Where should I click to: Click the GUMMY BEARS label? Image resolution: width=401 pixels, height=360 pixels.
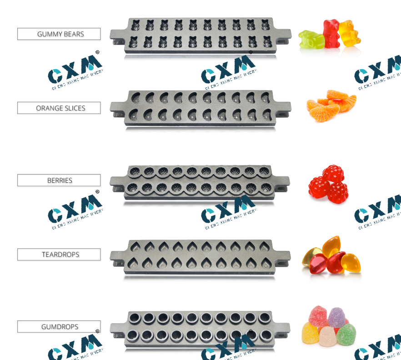[x=59, y=34]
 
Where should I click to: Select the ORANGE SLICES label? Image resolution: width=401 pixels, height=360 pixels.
[x=59, y=108]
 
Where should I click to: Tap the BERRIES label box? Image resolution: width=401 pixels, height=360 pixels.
[x=59, y=180]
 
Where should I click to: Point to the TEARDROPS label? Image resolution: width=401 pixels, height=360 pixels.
[x=59, y=255]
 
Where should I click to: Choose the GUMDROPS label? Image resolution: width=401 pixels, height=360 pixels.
[x=59, y=327]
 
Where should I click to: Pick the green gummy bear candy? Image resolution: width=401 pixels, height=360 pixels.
[x=312, y=40]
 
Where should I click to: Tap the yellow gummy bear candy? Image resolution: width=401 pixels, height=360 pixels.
[x=349, y=33]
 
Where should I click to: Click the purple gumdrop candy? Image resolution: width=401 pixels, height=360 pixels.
[x=337, y=317]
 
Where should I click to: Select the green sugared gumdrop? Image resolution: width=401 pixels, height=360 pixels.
[x=347, y=335]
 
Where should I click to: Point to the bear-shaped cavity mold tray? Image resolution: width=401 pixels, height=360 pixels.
[x=200, y=36]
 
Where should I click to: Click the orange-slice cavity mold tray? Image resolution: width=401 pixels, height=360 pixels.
[x=200, y=109]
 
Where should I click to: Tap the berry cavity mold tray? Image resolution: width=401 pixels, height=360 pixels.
[x=200, y=182]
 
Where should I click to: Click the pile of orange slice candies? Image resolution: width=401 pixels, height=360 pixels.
[x=331, y=105]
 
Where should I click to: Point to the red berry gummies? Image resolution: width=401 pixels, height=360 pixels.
[x=328, y=184]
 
